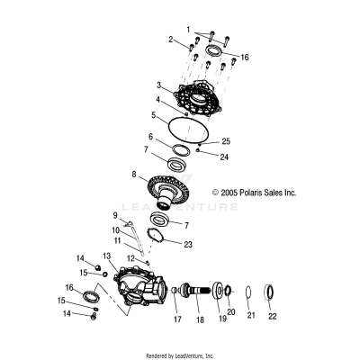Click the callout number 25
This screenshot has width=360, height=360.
point(227,142)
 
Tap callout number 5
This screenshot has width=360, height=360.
point(153,115)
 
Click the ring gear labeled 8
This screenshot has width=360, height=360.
point(171,190)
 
